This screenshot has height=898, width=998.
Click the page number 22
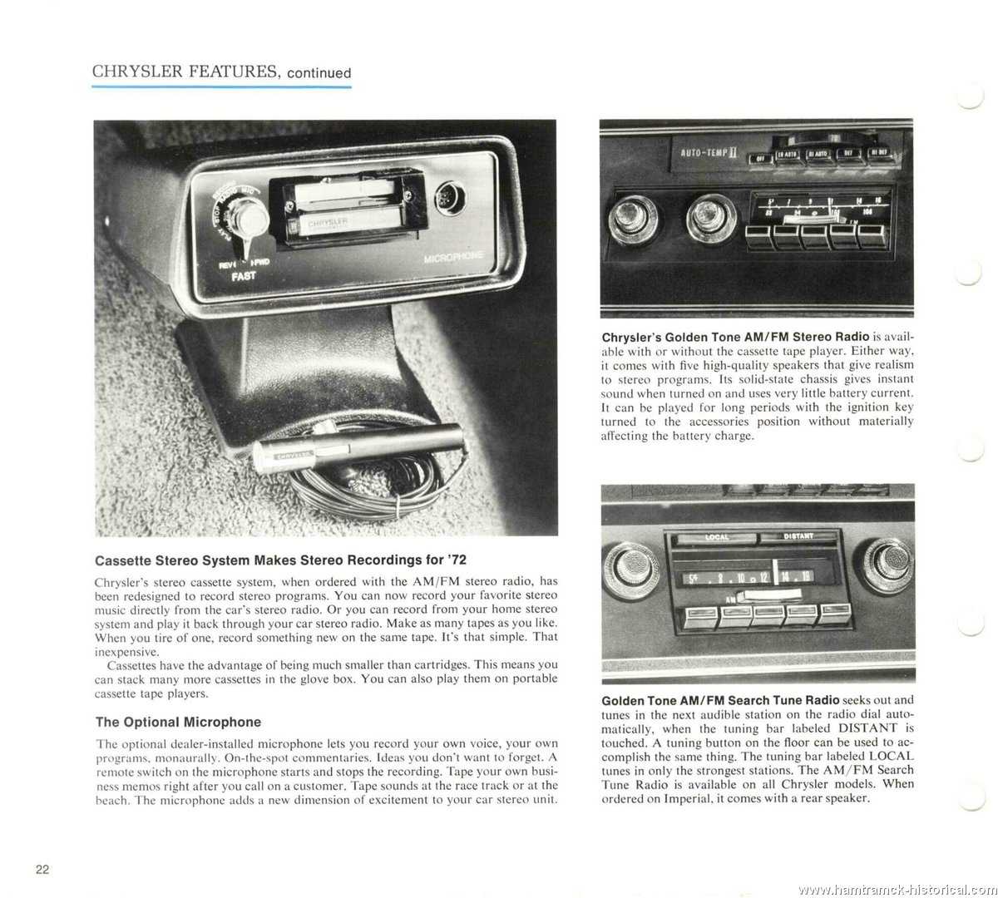pos(43,870)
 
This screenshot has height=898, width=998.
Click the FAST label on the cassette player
pos(243,275)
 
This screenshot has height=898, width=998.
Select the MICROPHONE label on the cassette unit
pos(452,257)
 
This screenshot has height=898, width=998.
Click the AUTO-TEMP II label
pos(704,152)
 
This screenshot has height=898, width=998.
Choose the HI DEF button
pos(880,153)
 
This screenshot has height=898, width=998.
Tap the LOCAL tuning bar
pos(716,537)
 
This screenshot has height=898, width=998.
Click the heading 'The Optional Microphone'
pos(179,722)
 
